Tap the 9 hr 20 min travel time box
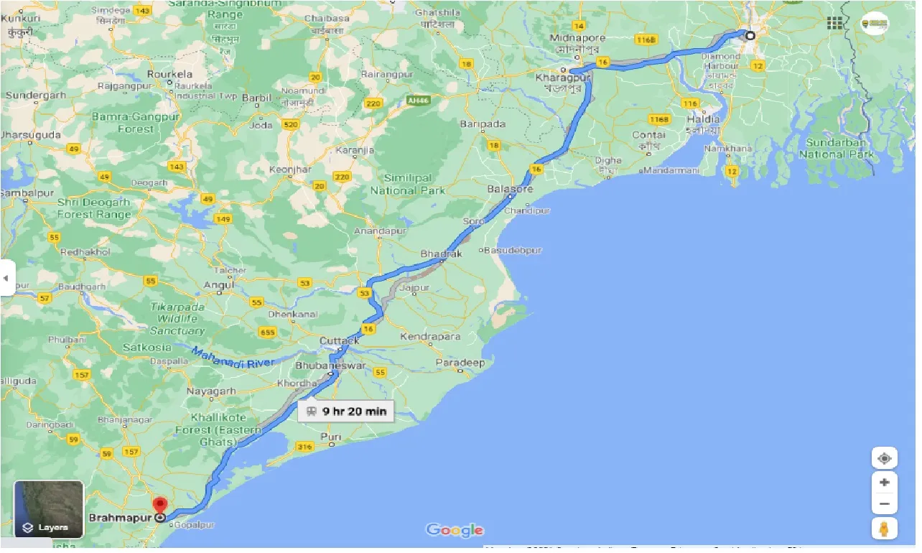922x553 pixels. pyautogui.click(x=345, y=412)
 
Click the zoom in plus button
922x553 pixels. pyautogui.click(x=884, y=483)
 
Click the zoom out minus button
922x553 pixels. pyautogui.click(x=884, y=504)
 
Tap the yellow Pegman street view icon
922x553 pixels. pyautogui.click(x=884, y=529)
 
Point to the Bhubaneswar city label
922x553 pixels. pyautogui.click(x=331, y=366)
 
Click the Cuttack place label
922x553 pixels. pyautogui.click(x=340, y=340)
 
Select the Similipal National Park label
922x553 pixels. pyautogui.click(x=407, y=184)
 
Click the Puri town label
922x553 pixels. pyautogui.click(x=331, y=437)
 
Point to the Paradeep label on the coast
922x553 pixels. pyautogui.click(x=460, y=363)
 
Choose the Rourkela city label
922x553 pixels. pyautogui.click(x=169, y=74)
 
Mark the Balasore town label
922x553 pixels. pyautogui.click(x=510, y=189)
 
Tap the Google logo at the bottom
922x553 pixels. pyautogui.click(x=455, y=531)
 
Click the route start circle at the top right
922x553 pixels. pyautogui.click(x=750, y=35)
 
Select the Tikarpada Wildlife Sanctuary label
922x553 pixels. pyautogui.click(x=178, y=318)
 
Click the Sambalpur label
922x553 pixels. pyautogui.click(x=22, y=193)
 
